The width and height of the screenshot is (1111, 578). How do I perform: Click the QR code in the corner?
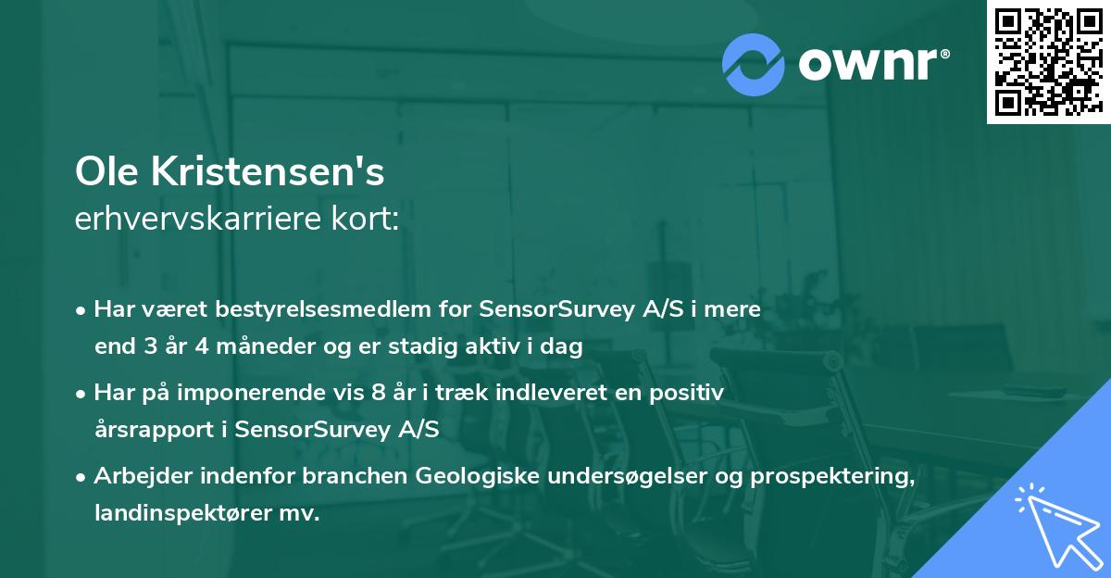point(1048,61)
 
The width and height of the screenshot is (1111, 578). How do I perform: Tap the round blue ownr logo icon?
point(754,64)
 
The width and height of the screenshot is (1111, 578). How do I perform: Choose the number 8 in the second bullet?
point(377,393)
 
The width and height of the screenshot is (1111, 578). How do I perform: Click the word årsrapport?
point(158,430)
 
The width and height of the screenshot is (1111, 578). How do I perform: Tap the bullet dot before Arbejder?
point(82,477)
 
